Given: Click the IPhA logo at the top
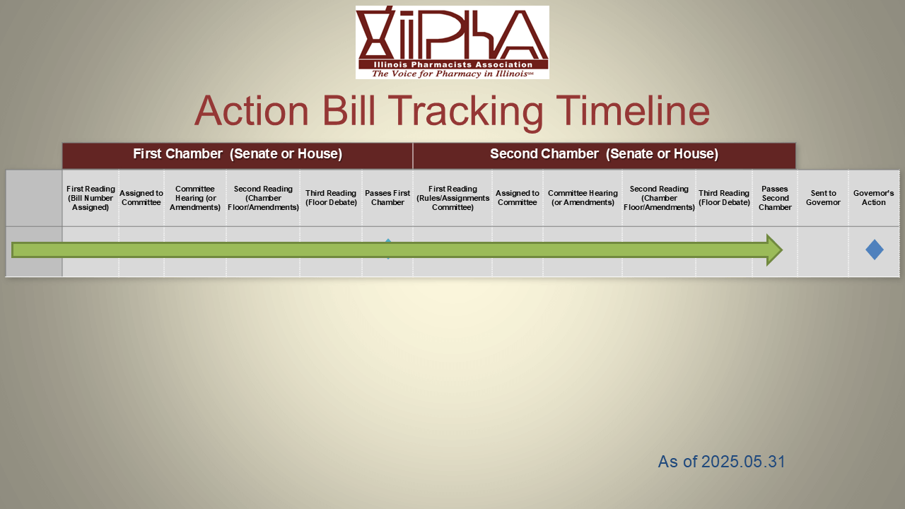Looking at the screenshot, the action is tap(452, 42).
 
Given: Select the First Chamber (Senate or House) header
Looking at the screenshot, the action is tap(238, 154).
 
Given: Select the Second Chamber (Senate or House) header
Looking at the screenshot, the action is tap(604, 154).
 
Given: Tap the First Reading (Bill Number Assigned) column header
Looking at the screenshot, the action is tap(90, 198).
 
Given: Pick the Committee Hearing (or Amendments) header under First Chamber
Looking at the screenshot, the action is tap(194, 198).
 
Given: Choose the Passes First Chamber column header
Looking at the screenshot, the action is tap(387, 198).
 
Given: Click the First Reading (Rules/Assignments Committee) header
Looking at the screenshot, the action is tap(452, 198).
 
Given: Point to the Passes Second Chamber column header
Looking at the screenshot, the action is tap(775, 198).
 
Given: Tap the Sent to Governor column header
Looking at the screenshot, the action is tap(823, 198).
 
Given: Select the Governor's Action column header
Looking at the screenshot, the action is tap(873, 198).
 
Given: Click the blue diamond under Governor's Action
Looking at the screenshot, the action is tap(875, 250).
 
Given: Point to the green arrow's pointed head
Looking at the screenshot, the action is tap(782, 250).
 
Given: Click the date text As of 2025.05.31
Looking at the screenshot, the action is tap(722, 462).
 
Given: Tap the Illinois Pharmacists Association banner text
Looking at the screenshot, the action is tap(453, 64).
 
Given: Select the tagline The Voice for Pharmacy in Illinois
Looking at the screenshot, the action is tap(452, 74).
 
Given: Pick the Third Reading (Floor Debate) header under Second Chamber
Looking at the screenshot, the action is tap(723, 198).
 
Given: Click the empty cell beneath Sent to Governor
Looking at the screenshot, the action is tap(823, 252).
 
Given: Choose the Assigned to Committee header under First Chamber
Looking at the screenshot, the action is tap(141, 198).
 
